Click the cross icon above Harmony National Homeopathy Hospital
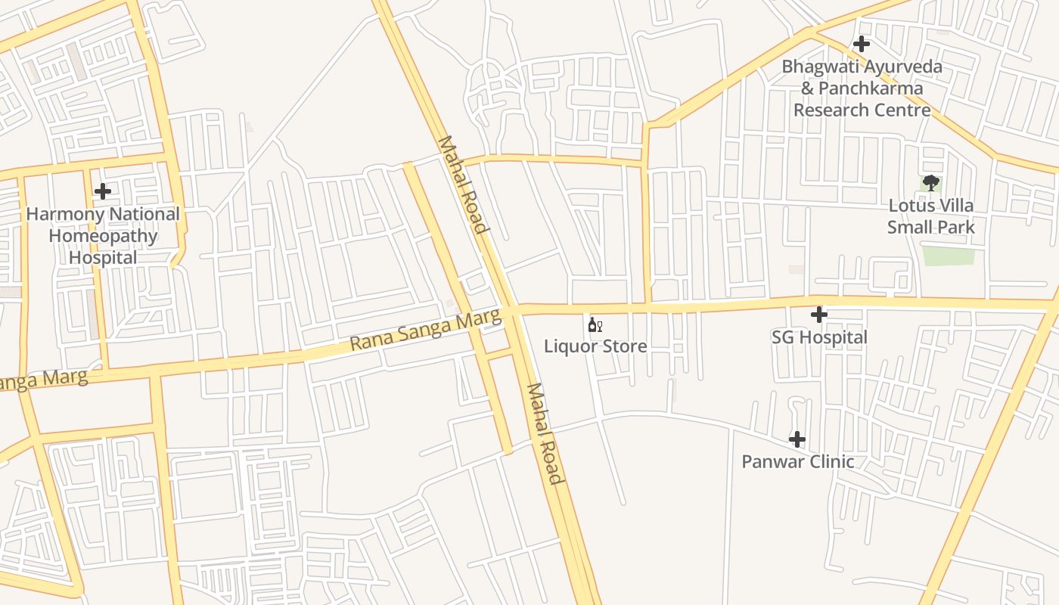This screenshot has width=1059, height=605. [x=103, y=191]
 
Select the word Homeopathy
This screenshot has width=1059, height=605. [x=103, y=236]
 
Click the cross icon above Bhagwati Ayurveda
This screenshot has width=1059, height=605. [x=861, y=44]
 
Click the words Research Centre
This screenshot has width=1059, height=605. [x=862, y=110]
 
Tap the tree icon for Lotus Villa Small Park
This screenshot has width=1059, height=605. [x=930, y=183]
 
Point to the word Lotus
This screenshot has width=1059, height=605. [x=911, y=206]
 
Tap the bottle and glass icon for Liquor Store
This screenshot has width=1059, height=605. [x=595, y=325]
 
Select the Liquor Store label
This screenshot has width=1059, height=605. [x=595, y=346]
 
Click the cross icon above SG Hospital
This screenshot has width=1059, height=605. [x=818, y=315]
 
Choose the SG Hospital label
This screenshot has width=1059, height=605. [x=819, y=337]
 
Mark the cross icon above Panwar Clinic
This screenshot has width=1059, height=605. [x=797, y=439]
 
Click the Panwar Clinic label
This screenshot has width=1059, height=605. [x=797, y=461]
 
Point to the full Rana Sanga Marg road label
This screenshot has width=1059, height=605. [x=426, y=332]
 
